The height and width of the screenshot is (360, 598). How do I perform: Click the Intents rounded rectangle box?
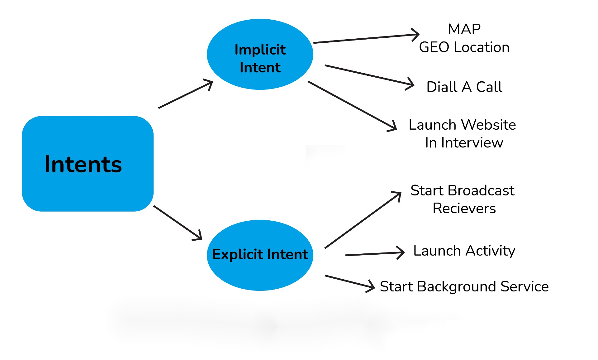pyautogui.click(x=88, y=164)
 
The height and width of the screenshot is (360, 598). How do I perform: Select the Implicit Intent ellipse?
pyautogui.click(x=260, y=55)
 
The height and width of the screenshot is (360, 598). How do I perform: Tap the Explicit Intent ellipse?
pyautogui.click(x=260, y=255)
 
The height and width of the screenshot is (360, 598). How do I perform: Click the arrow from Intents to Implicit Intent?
pyautogui.click(x=185, y=95)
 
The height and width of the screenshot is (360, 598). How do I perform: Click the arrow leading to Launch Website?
pyautogui.click(x=352, y=106)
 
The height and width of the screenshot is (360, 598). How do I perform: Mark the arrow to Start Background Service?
pyautogui.click(x=349, y=282)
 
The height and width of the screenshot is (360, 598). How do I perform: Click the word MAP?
pyautogui.click(x=464, y=29)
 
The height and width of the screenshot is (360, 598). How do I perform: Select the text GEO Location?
pyautogui.click(x=464, y=47)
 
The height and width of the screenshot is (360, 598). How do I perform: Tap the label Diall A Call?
pyautogui.click(x=464, y=87)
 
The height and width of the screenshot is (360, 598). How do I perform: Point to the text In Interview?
pyautogui.click(x=464, y=143)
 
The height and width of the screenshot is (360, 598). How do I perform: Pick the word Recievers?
pyautogui.click(x=464, y=209)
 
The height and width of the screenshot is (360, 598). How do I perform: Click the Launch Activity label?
pyautogui.click(x=464, y=251)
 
